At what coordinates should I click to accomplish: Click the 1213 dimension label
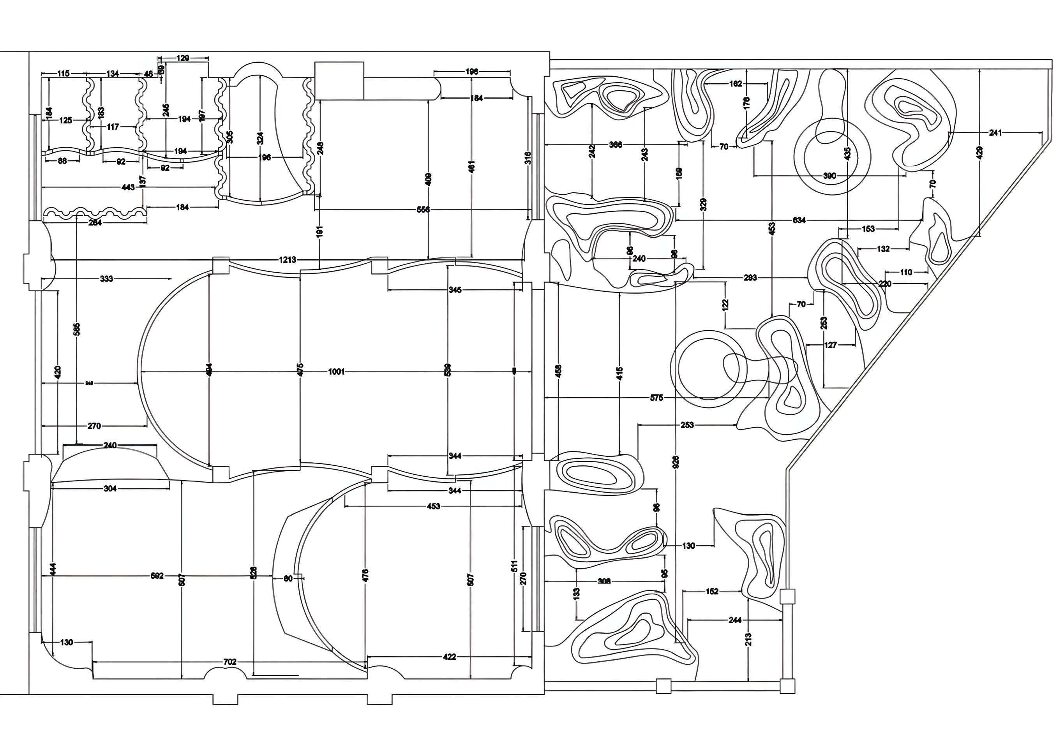[x=288, y=259]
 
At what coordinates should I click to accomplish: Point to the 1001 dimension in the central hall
[x=336, y=372]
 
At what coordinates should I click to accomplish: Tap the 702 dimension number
[x=230, y=662]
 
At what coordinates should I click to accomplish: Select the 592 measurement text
[x=157, y=576]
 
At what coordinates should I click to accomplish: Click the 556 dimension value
[x=423, y=210]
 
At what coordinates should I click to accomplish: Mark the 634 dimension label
[x=799, y=220]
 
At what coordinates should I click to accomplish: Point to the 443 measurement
[x=128, y=187]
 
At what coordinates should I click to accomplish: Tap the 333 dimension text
[x=106, y=279]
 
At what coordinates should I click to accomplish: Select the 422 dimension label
[x=449, y=657]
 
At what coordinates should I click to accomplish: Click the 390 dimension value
[x=829, y=176]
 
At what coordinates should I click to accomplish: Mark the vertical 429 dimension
[x=979, y=152]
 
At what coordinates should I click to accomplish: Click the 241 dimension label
[x=995, y=133]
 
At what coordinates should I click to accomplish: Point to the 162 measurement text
[x=736, y=84]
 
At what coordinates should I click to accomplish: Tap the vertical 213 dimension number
[x=748, y=639]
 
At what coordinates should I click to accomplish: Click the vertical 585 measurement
[x=77, y=329]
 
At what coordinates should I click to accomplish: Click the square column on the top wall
[x=339, y=81]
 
